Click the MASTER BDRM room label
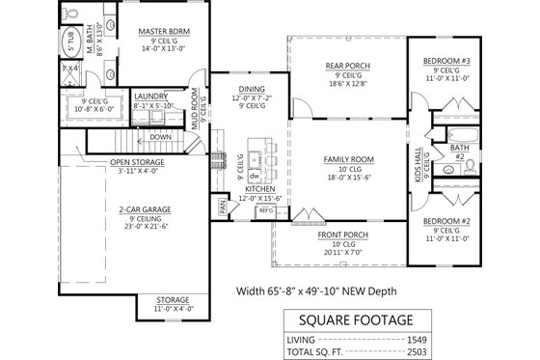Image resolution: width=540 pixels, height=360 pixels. pos(161,31)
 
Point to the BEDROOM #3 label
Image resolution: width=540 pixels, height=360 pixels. pos(445,61)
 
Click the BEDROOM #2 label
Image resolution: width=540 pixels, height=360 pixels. pos(445,222)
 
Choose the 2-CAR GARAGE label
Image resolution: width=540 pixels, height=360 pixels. pos(147,208)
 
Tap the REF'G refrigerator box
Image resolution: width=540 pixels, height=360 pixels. pos(266,208)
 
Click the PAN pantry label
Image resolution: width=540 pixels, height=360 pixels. pos(222,207)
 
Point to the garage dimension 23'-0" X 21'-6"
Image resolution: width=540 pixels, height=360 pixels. pos(147,227)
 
